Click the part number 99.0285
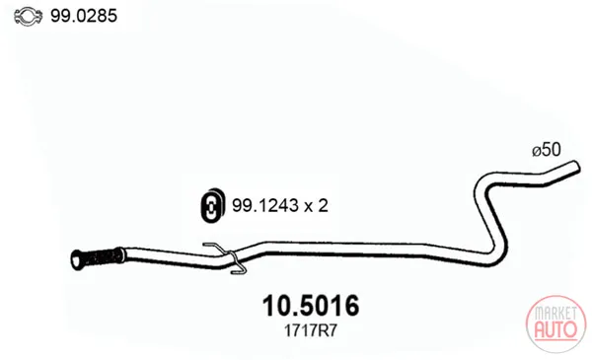[x=84, y=16]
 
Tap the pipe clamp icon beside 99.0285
[x=28, y=16]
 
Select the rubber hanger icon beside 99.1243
[x=212, y=204]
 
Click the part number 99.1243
[x=262, y=206]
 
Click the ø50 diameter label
[x=547, y=150]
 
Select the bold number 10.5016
[x=311, y=306]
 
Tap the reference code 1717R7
[x=310, y=331]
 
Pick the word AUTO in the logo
[x=555, y=329]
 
